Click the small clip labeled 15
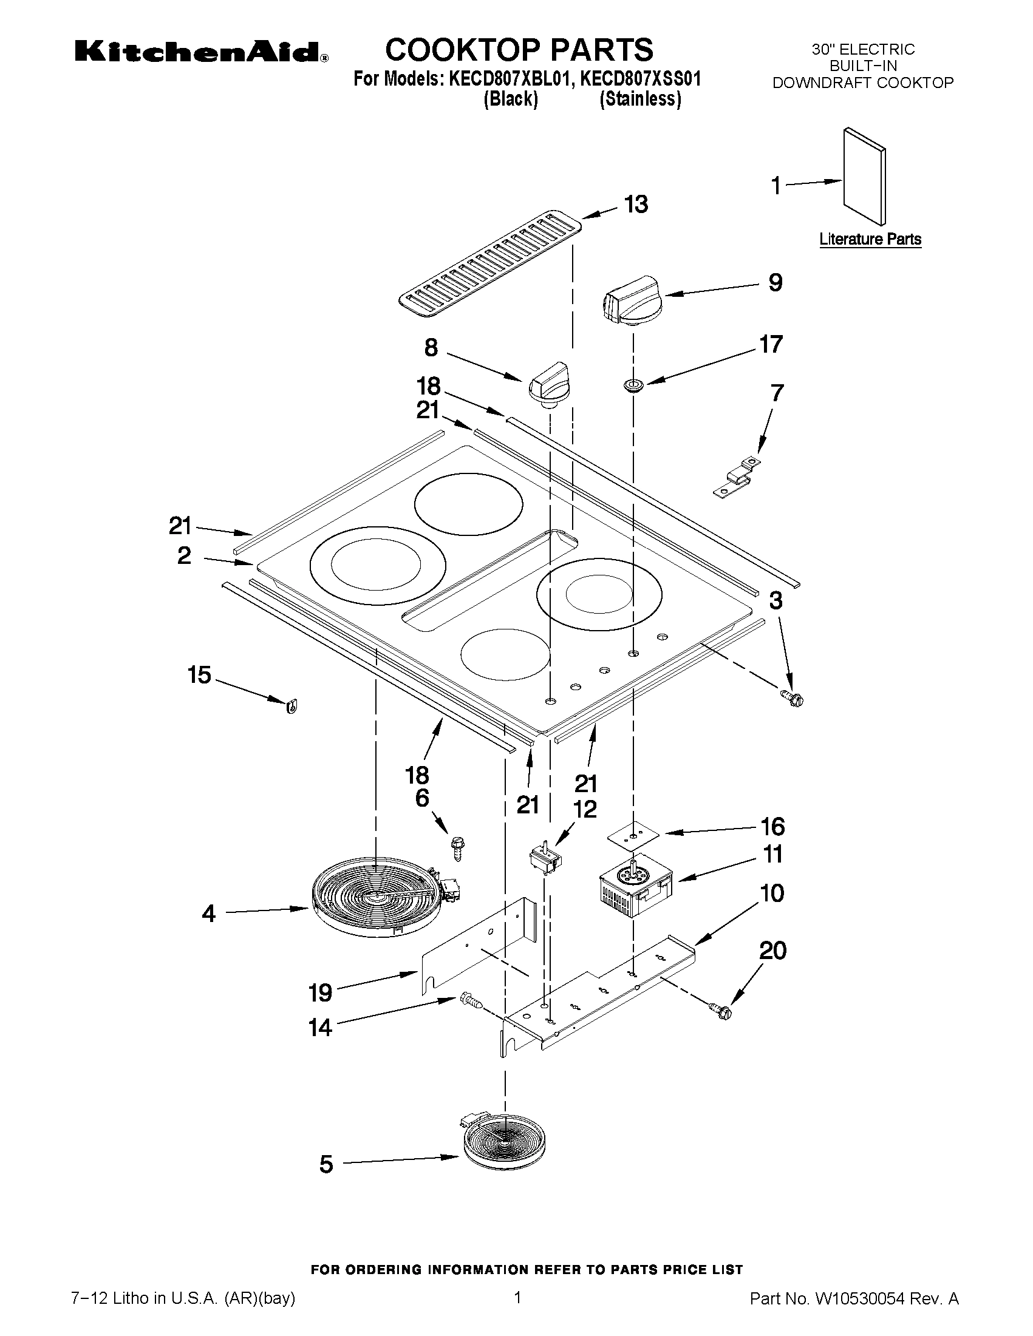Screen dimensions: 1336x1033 pos(291,707)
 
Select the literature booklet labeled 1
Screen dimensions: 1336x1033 pos(864,175)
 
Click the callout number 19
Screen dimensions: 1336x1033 pos(320,992)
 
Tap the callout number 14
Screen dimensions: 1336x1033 pos(320,1028)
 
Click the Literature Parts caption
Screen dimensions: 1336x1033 pos(870,239)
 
